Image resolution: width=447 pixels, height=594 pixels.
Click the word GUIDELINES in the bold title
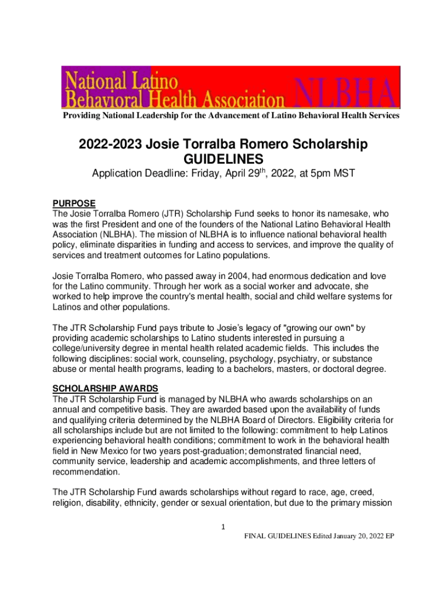click(x=223, y=159)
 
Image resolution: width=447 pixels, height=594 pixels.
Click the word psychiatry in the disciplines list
click(x=298, y=358)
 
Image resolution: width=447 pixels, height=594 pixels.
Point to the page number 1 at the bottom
click(x=223, y=527)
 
